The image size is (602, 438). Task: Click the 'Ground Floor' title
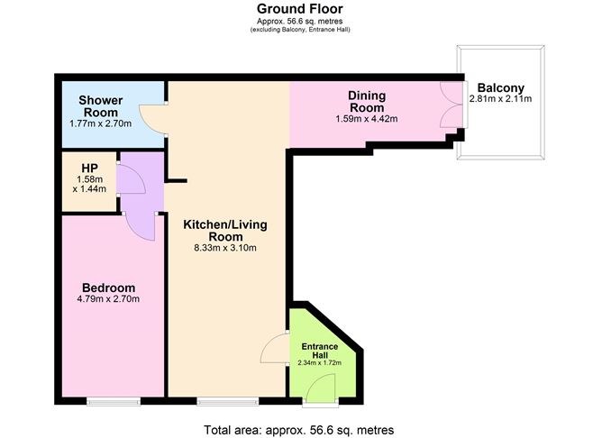tap(300, 8)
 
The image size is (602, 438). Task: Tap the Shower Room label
tap(101, 106)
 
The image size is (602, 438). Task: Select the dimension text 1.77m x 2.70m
tap(101, 123)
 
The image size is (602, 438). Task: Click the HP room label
tap(89, 169)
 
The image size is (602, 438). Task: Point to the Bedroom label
tap(109, 287)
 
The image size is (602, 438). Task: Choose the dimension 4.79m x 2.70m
tap(108, 298)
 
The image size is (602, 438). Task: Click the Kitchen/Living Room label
tap(225, 231)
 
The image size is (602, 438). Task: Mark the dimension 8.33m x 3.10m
tap(225, 248)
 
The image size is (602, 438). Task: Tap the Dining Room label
tap(367, 101)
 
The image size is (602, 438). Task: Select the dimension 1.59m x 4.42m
tap(367, 119)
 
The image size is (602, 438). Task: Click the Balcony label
tap(501, 88)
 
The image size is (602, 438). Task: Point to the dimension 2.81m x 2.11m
tap(501, 98)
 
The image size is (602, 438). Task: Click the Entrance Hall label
tap(320, 351)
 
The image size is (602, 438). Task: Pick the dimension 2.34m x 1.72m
tap(320, 363)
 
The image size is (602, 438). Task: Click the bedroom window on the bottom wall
tap(114, 402)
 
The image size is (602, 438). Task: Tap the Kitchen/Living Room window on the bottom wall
tap(228, 402)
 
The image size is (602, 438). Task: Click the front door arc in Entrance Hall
tap(315, 381)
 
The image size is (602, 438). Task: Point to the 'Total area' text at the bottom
tap(298, 430)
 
